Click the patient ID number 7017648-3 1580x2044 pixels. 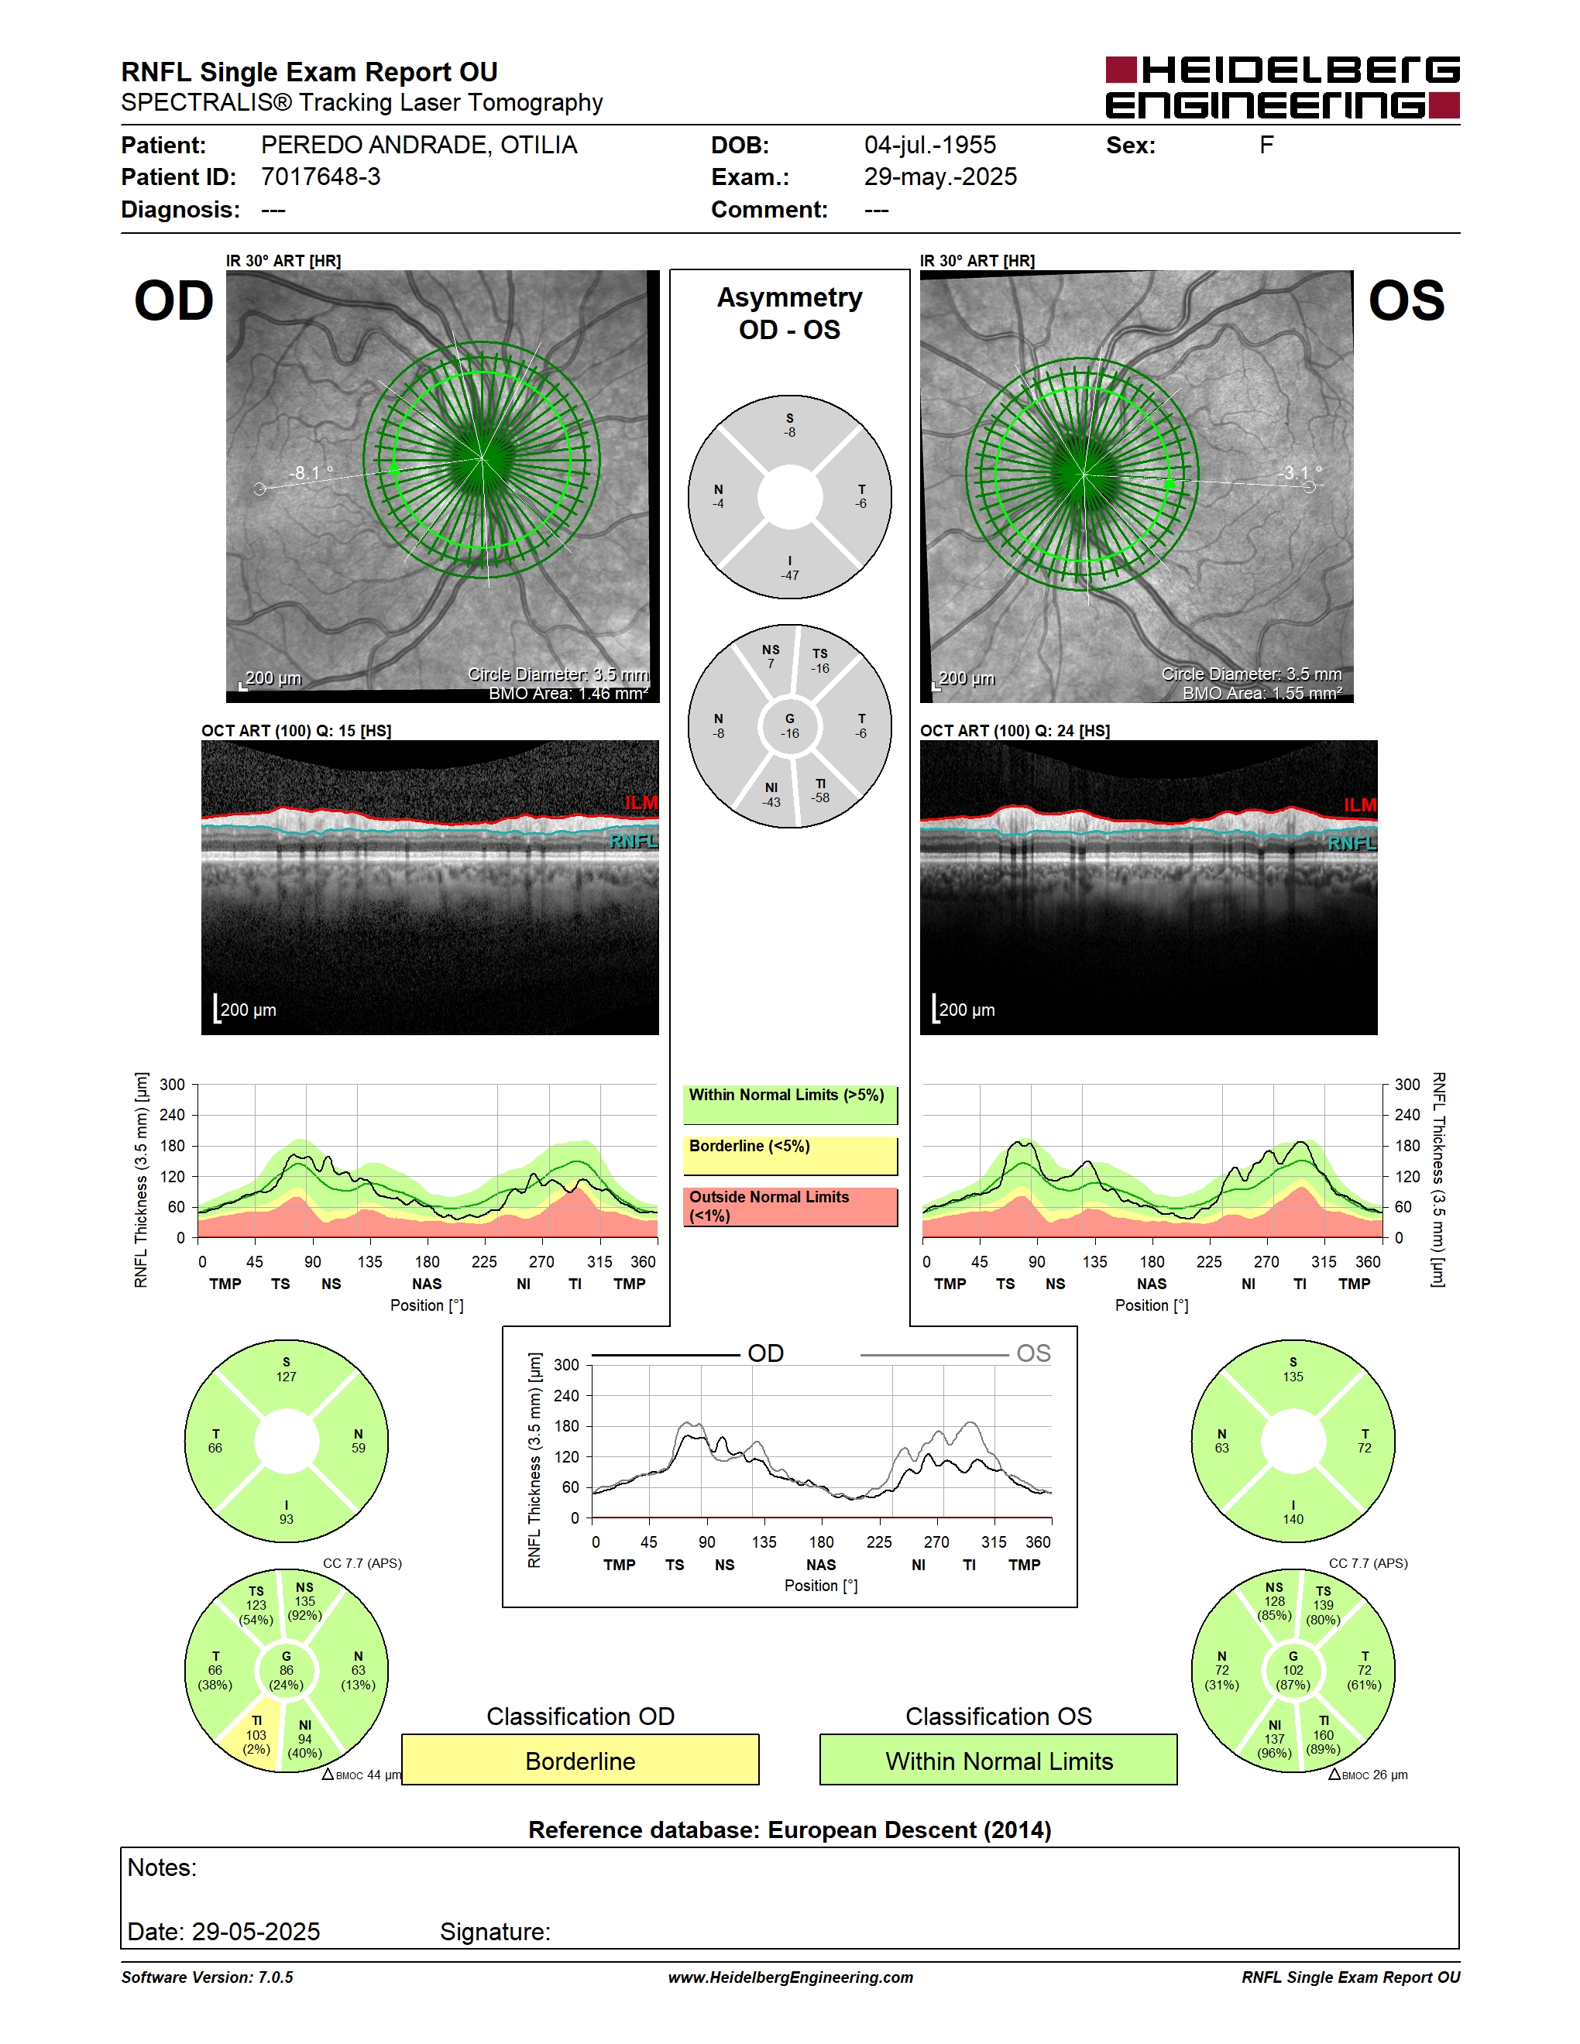click(321, 177)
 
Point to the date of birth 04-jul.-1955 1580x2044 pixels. click(929, 145)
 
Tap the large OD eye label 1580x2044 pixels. click(174, 300)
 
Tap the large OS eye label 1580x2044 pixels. click(1406, 300)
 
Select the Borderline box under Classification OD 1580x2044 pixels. click(580, 1761)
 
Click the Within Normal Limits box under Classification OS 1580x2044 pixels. click(999, 1761)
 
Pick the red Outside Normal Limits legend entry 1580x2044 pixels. click(790, 1206)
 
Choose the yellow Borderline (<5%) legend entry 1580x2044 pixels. click(790, 1156)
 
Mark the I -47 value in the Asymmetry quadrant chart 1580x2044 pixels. click(790, 568)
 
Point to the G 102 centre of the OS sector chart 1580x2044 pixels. click(1293, 1671)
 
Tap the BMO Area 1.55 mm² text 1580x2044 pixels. click(1262, 694)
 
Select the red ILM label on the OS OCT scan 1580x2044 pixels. click(1360, 805)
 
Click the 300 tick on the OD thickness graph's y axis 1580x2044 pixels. click(172, 1085)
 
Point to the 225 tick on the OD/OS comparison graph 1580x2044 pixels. click(879, 1542)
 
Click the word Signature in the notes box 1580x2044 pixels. click(495, 1932)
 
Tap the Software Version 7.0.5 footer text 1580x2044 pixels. click(207, 1977)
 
